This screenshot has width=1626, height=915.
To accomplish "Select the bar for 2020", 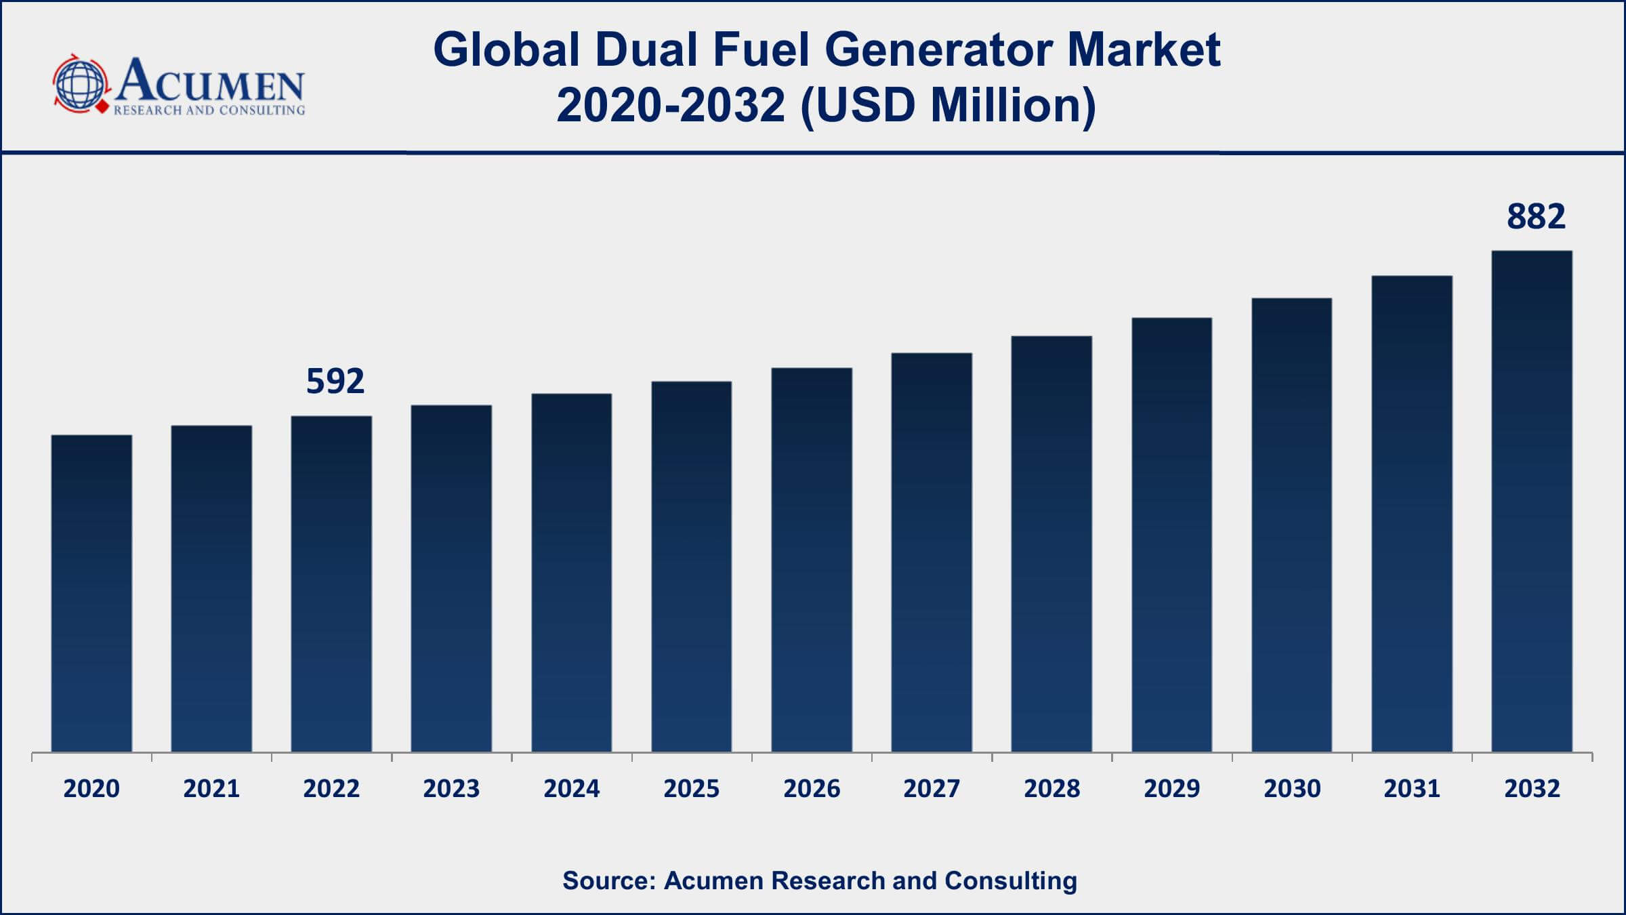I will (x=91, y=593).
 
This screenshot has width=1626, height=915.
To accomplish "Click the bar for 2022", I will (x=331, y=584).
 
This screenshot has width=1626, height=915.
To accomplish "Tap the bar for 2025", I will (x=691, y=567).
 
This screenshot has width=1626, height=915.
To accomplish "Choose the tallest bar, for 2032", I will (x=1532, y=501).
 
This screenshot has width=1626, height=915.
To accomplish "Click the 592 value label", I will (x=335, y=381).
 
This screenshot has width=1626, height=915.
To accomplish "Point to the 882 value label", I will (x=1536, y=217).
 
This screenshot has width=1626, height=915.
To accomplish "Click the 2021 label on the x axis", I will (x=211, y=789).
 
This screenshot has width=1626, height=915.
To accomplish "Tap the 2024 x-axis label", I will (x=571, y=789).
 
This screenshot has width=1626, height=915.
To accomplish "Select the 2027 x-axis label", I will (x=932, y=789).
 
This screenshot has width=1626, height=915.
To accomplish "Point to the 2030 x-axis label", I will (x=1292, y=789).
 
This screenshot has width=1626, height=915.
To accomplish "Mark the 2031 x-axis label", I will (x=1412, y=789).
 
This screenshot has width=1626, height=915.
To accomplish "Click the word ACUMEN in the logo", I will (x=210, y=81).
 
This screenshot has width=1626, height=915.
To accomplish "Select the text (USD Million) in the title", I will (x=948, y=106).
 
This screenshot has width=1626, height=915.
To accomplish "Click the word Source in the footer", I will (x=608, y=880).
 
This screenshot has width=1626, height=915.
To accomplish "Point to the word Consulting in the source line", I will (x=1011, y=880).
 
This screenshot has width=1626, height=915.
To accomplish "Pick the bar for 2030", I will (x=1291, y=525).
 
